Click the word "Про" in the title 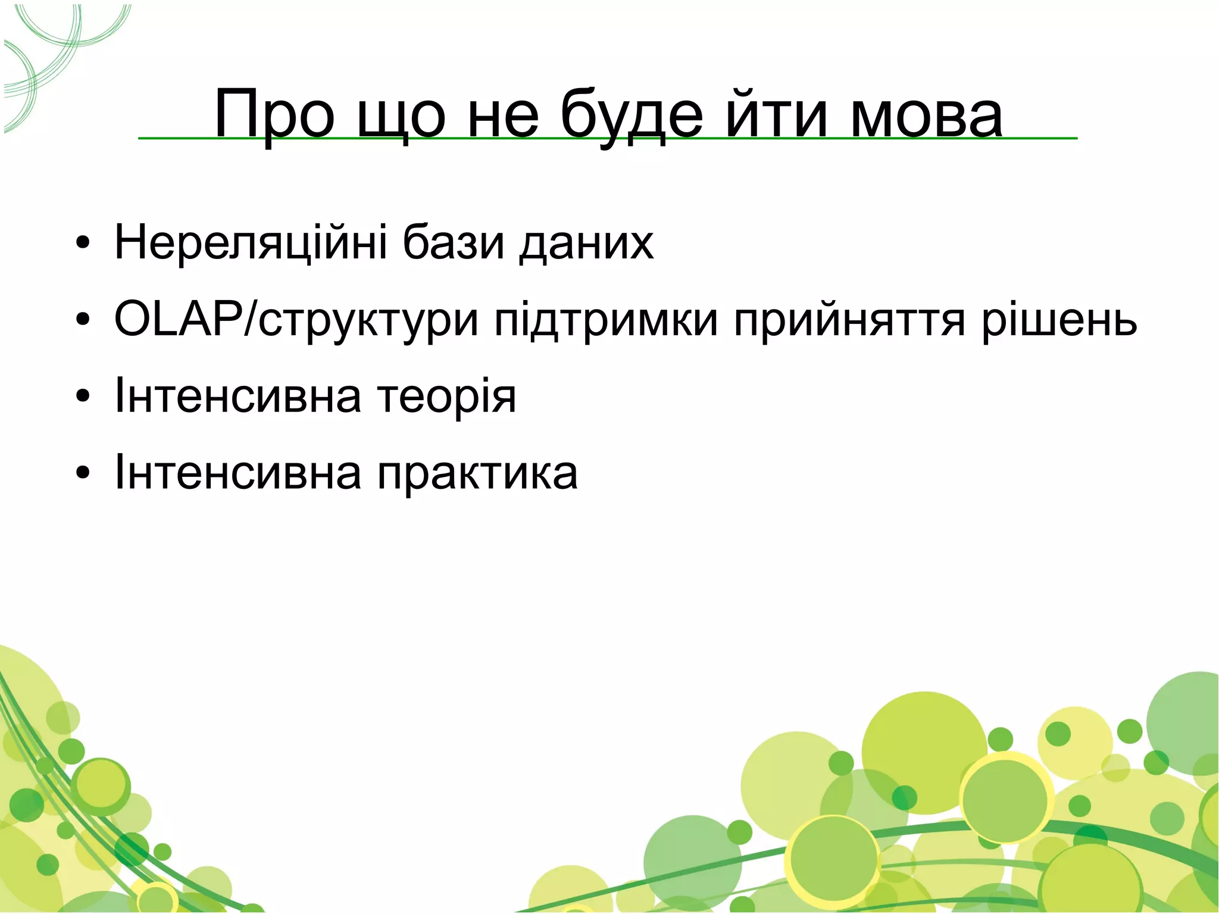click(274, 114)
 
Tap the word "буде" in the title click(632, 114)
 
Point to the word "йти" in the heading click(776, 114)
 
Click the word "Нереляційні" click(251, 242)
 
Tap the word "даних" click(586, 242)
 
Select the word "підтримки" click(606, 320)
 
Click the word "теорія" click(447, 397)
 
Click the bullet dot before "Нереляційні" click(83, 244)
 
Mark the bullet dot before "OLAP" click(83, 321)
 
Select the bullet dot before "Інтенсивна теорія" click(83, 397)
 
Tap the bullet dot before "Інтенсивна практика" click(83, 474)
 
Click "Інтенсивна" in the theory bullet click(237, 397)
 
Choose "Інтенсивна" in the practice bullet click(237, 474)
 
